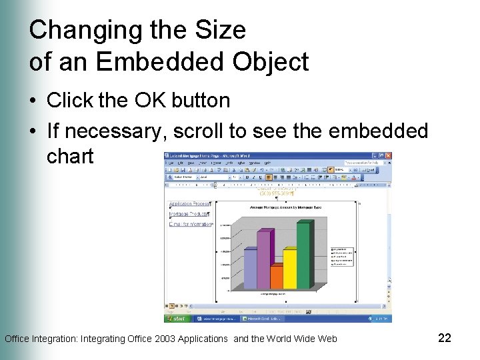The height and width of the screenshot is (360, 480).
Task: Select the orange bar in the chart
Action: pos(277,277)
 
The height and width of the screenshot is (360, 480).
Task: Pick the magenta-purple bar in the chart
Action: pos(264,260)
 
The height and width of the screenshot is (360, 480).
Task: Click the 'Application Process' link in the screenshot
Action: pos(189,203)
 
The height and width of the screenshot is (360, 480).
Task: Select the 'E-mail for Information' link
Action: pos(190,224)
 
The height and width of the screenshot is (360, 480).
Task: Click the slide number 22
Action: pos(445,338)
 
